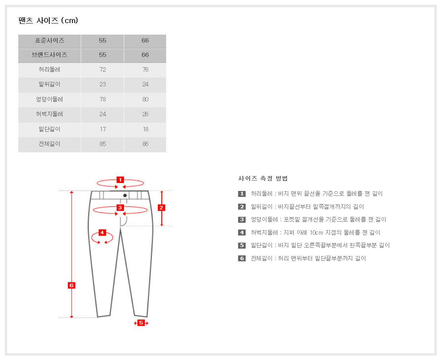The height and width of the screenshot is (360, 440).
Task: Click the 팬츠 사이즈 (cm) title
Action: [48, 21]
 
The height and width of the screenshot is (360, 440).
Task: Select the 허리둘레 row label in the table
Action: [49, 69]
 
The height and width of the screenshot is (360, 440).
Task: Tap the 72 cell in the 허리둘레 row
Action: [103, 69]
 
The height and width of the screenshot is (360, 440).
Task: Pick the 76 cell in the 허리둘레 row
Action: [145, 69]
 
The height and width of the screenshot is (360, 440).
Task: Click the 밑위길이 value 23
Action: [103, 84]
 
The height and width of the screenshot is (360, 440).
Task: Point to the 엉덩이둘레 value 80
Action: [145, 99]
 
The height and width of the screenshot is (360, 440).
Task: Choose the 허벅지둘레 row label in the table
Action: [49, 114]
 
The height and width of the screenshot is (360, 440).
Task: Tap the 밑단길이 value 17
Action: [103, 129]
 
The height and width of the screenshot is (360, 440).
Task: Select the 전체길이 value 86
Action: [145, 144]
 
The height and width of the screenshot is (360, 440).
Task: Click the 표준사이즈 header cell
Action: [50, 41]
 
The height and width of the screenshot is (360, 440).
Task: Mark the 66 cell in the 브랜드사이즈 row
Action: [145, 55]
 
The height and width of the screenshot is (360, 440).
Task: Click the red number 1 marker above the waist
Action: [120, 180]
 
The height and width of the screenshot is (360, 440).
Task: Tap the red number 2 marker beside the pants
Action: [161, 208]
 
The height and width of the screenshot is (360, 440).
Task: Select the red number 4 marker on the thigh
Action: [102, 233]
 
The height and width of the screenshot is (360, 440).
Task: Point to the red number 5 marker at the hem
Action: [141, 323]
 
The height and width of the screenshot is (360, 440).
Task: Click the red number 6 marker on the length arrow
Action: [72, 285]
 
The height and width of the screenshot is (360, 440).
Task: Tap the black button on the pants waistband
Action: [125, 195]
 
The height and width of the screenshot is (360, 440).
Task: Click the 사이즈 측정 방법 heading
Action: [263, 178]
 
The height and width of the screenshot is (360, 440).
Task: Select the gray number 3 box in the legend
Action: [242, 220]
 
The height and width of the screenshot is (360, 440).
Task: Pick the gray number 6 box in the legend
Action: [242, 258]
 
